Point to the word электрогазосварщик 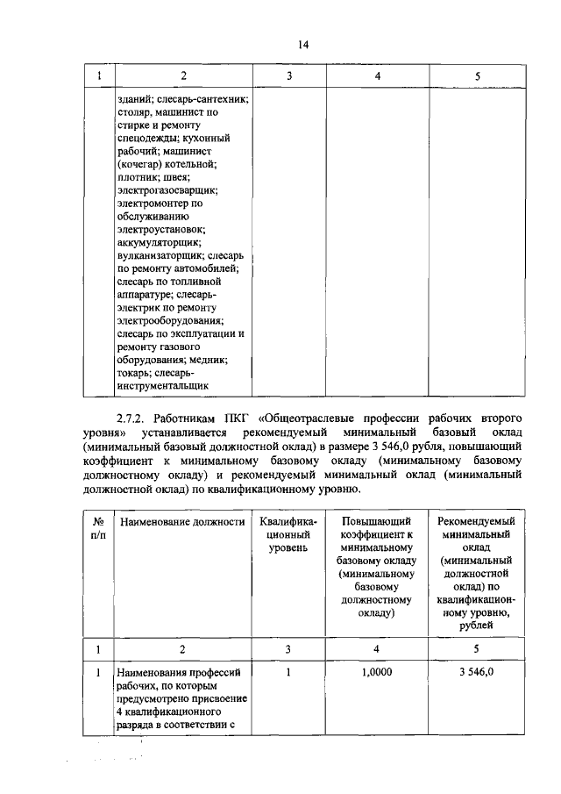[x=167, y=190]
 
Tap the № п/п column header [x=98, y=528]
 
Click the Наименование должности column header [x=181, y=522]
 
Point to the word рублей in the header [x=477, y=626]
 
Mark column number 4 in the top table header [x=376, y=76]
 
